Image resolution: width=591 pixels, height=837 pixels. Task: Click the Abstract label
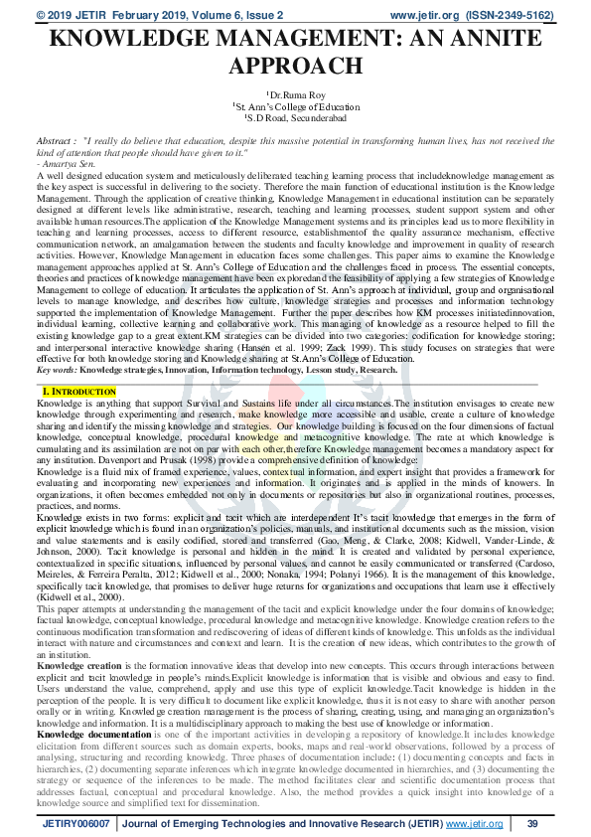coord(28,140)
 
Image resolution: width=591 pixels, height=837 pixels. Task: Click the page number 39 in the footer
coord(532,824)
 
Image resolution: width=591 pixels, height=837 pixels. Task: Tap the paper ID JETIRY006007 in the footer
coord(75,824)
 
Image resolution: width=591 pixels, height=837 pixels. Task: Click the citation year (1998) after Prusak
coord(198,459)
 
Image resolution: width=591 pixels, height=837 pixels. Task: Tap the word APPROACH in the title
coord(295,67)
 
